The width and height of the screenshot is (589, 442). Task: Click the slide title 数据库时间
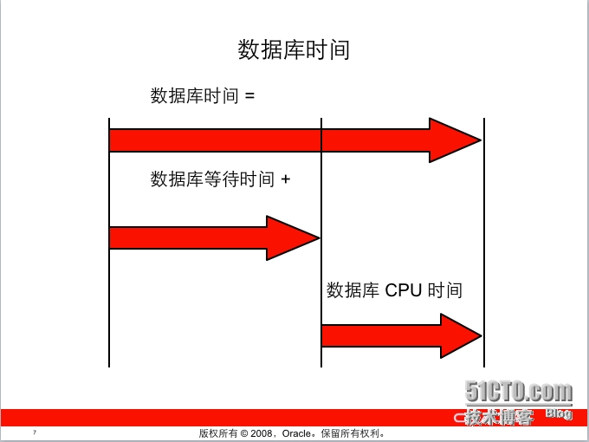(294, 49)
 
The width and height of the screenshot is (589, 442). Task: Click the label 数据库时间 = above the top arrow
(203, 95)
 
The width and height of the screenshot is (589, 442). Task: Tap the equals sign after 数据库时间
(250, 96)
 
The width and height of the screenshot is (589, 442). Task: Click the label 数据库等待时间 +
(220, 179)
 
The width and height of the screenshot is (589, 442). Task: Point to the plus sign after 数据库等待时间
(285, 180)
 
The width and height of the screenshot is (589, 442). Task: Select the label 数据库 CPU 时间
(394, 290)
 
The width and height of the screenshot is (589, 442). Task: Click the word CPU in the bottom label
(403, 290)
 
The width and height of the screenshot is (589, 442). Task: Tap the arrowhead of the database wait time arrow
(291, 237)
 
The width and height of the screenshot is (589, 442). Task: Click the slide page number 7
(34, 432)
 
